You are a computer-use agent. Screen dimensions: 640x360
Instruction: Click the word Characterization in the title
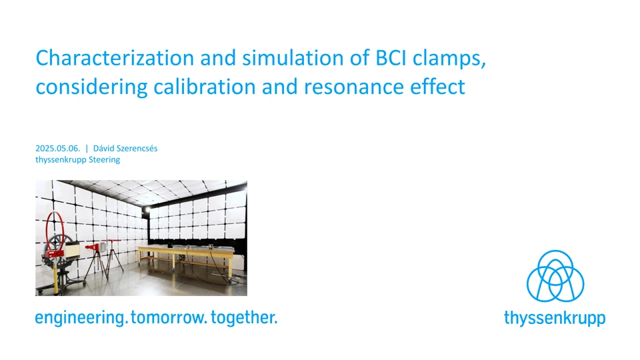click(115, 58)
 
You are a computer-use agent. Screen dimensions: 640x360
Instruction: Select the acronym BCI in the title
click(391, 58)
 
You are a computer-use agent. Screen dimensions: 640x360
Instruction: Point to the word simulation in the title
click(293, 58)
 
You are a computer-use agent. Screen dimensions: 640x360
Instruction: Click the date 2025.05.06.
click(57, 149)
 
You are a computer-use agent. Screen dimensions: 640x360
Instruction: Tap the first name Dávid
click(104, 149)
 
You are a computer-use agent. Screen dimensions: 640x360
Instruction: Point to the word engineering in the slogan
click(81, 318)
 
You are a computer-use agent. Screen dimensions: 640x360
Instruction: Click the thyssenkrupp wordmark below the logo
click(555, 318)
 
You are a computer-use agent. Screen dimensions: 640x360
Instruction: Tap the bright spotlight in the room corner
click(147, 210)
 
